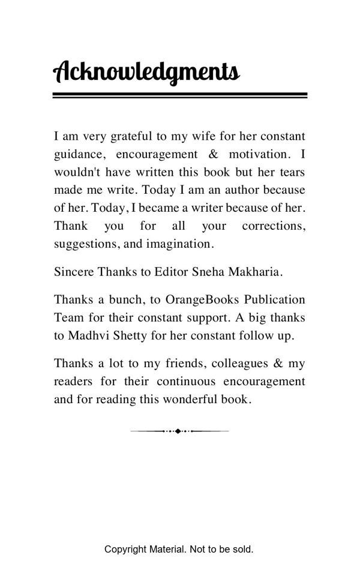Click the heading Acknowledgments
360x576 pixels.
(146, 71)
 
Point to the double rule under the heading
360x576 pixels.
(179, 95)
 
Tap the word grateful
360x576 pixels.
(131, 136)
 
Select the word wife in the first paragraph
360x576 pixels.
(200, 136)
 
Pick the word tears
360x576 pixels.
(292, 172)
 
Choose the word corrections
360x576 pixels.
(274, 226)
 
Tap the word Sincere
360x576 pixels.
(74, 272)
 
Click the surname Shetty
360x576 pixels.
(131, 335)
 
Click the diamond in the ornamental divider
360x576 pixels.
(178, 431)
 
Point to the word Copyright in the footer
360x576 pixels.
(125, 549)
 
